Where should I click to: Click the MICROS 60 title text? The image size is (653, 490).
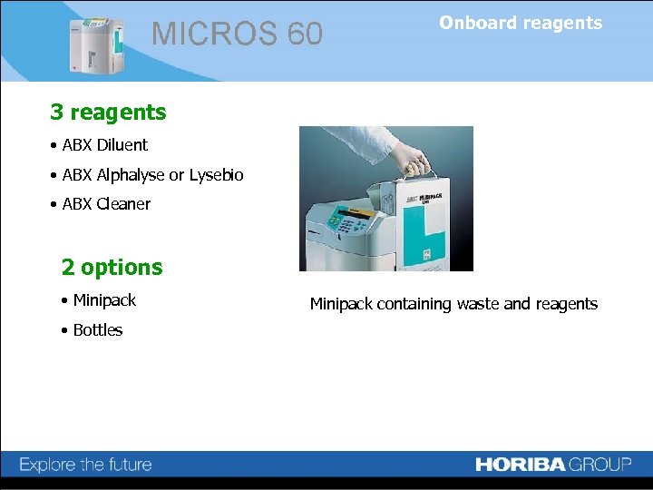(237, 34)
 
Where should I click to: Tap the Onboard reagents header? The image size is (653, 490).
(521, 24)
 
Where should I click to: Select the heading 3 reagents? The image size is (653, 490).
(108, 113)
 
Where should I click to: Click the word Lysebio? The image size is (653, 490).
(216, 175)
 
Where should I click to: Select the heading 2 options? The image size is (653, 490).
(112, 268)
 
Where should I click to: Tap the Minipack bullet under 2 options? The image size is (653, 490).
(103, 300)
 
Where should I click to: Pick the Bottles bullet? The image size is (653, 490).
(97, 330)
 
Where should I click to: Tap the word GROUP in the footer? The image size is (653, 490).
(600, 465)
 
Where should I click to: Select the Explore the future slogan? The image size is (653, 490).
(86, 465)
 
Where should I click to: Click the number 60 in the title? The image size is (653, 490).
(305, 34)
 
